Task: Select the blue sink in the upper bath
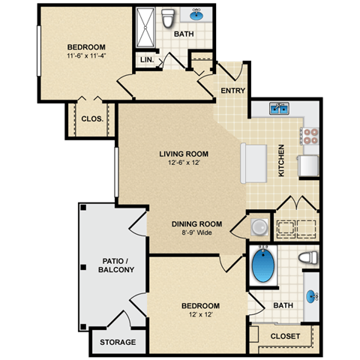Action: (199, 14)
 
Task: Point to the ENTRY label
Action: (232, 91)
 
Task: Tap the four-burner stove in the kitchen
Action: (310, 136)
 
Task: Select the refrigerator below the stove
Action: (309, 165)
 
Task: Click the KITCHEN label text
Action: (281, 160)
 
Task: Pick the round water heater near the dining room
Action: (258, 226)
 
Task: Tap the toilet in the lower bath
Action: (306, 258)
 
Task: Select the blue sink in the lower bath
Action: (310, 295)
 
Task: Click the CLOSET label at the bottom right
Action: (284, 336)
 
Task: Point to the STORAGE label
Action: (118, 343)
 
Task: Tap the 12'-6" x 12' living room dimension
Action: (180, 163)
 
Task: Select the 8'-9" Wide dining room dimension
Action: (196, 232)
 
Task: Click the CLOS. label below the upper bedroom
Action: (91, 118)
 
